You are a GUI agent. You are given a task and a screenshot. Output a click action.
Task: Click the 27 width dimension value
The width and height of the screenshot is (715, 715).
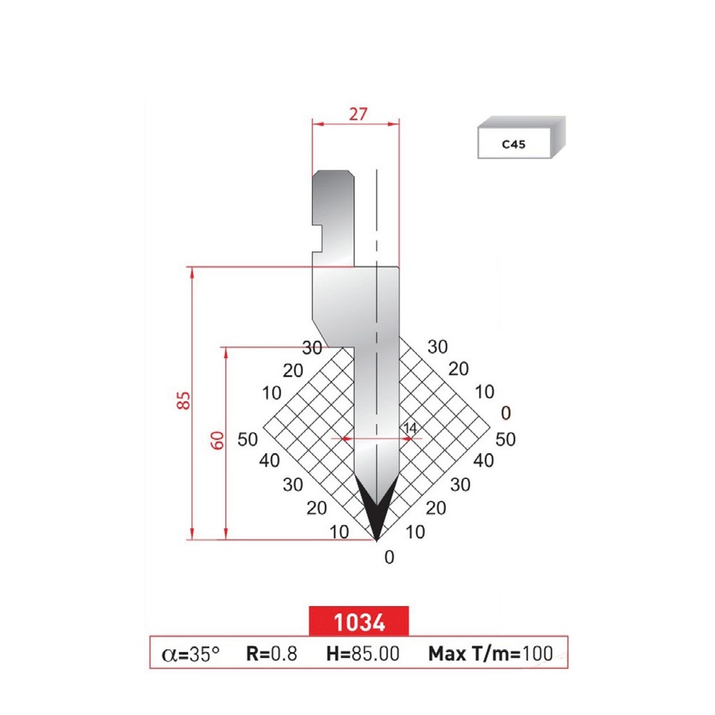coord(357,114)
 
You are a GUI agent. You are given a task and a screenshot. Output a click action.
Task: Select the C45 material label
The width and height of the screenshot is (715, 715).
coord(513,146)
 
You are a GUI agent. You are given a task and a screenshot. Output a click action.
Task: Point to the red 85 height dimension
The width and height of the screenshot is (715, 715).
coord(184,401)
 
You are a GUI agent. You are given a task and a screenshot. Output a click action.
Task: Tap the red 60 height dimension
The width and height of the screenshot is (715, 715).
coord(218,441)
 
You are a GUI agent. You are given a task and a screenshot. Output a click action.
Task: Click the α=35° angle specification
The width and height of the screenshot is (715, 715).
coord(191,654)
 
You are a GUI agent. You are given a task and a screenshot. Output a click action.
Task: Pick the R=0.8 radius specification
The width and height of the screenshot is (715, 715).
coord(272,654)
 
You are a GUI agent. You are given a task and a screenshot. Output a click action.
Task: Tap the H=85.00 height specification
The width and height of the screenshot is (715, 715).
coord(363,654)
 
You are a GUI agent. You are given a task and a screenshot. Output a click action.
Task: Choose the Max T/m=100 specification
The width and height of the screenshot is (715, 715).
coord(490,654)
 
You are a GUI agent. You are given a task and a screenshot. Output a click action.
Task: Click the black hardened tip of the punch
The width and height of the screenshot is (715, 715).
coord(376,513)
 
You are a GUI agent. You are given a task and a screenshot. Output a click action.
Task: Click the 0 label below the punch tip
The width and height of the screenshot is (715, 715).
coord(390,557)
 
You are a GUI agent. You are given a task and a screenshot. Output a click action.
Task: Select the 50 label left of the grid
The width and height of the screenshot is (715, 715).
coord(249,439)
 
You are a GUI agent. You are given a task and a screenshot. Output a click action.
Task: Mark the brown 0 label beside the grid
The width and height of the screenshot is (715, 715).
coord(506,413)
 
